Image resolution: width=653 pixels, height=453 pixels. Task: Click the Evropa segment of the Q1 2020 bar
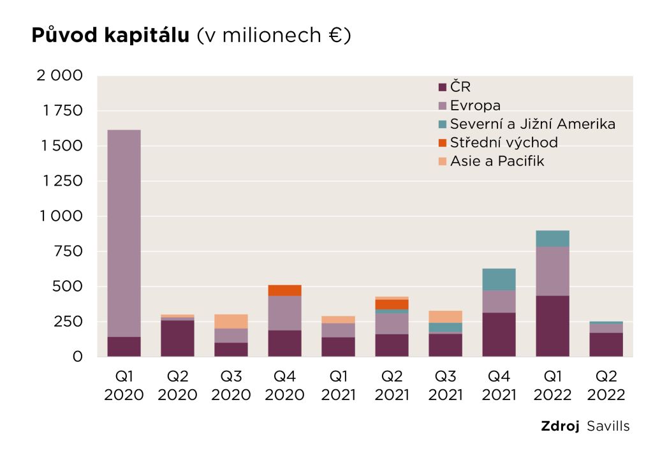pyautogui.click(x=124, y=233)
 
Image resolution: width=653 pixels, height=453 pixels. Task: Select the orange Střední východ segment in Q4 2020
pyautogui.click(x=284, y=290)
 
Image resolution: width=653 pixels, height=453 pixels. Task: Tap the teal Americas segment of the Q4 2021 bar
pyautogui.click(x=499, y=279)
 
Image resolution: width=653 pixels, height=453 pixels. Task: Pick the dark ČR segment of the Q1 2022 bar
pyautogui.click(x=552, y=325)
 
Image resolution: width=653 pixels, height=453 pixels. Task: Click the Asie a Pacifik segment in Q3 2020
pyautogui.click(x=231, y=321)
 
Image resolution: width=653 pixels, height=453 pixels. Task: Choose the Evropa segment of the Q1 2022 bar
pyautogui.click(x=552, y=271)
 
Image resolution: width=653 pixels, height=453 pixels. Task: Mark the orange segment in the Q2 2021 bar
pyautogui.click(x=392, y=304)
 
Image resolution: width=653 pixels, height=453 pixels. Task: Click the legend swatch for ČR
pyautogui.click(x=443, y=87)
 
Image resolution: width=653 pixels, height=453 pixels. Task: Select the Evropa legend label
pyautogui.click(x=475, y=105)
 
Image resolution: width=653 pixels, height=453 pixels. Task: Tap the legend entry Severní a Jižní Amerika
pyautogui.click(x=532, y=124)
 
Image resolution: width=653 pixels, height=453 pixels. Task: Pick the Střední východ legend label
pyautogui.click(x=504, y=142)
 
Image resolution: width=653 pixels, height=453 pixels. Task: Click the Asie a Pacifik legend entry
pyautogui.click(x=497, y=161)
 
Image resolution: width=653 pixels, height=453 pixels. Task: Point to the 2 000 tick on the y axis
pyautogui.click(x=60, y=76)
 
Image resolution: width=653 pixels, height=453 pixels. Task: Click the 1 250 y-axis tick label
pyautogui.click(x=61, y=181)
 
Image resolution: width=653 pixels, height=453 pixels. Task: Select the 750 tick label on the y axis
pyautogui.click(x=68, y=251)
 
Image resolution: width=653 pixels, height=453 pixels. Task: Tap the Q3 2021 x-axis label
pyautogui.click(x=445, y=385)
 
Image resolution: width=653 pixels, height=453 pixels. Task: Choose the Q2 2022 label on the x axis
pyautogui.click(x=606, y=385)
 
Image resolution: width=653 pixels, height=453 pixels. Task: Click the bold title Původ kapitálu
pyautogui.click(x=110, y=36)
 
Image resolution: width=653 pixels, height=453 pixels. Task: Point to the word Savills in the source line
pyautogui.click(x=608, y=426)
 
